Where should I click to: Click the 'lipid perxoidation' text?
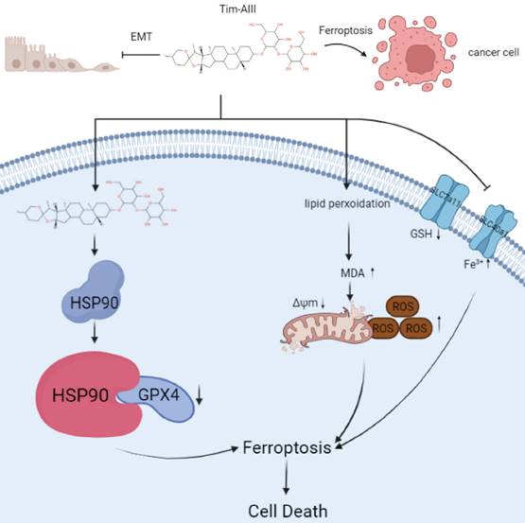[347, 202]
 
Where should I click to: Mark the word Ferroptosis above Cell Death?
[288, 446]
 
